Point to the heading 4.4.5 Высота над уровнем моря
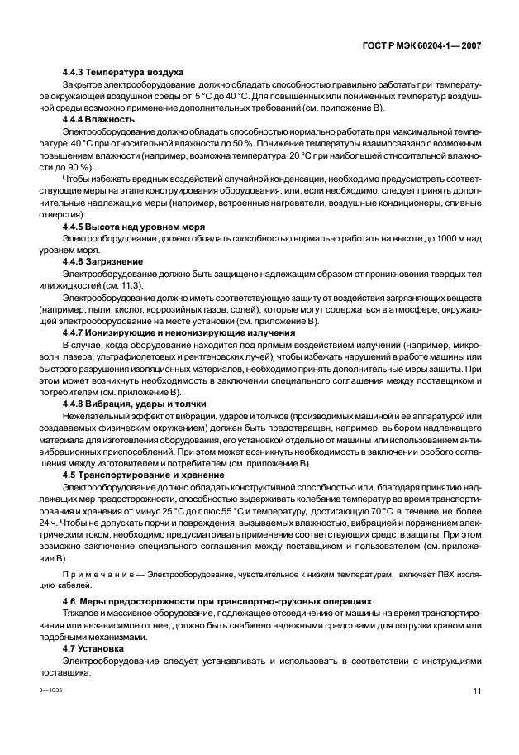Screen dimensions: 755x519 pyautogui.click(x=133, y=226)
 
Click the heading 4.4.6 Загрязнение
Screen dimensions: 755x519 pyautogui.click(x=103, y=260)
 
